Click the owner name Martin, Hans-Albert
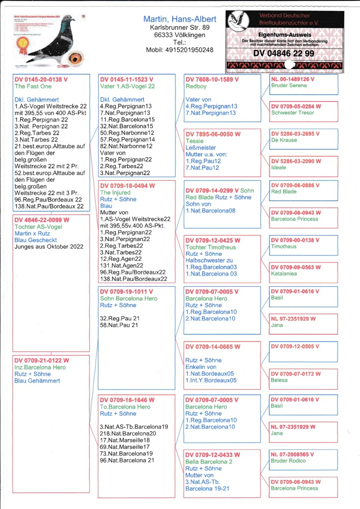[180, 19]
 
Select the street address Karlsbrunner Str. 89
[180, 28]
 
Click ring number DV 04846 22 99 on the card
[283, 53]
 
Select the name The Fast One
[33, 86]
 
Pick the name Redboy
[197, 86]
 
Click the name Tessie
[194, 141]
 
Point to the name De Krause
[284, 140]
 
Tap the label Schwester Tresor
[292, 113]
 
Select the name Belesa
[279, 380]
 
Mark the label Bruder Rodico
[288, 460]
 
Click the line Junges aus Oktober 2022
[49, 247]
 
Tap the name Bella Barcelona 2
[209, 461]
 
